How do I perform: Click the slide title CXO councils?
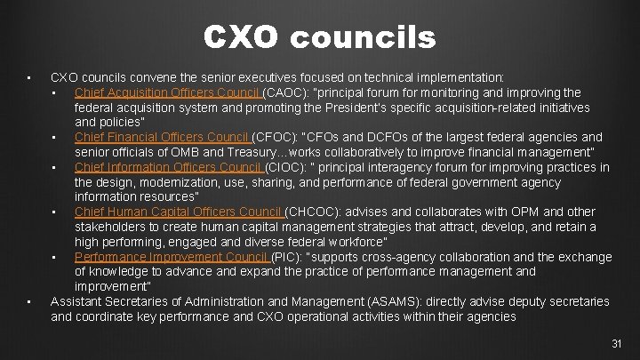pyautogui.click(x=320, y=37)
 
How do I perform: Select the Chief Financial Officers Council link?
pyautogui.click(x=162, y=137)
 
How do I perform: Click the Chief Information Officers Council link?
pyautogui.click(x=167, y=167)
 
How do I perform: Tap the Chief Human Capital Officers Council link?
pyautogui.click(x=179, y=212)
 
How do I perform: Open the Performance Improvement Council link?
pyautogui.click(x=172, y=257)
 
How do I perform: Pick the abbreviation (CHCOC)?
pyautogui.click(x=314, y=212)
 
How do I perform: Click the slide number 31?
pyautogui.click(x=618, y=343)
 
